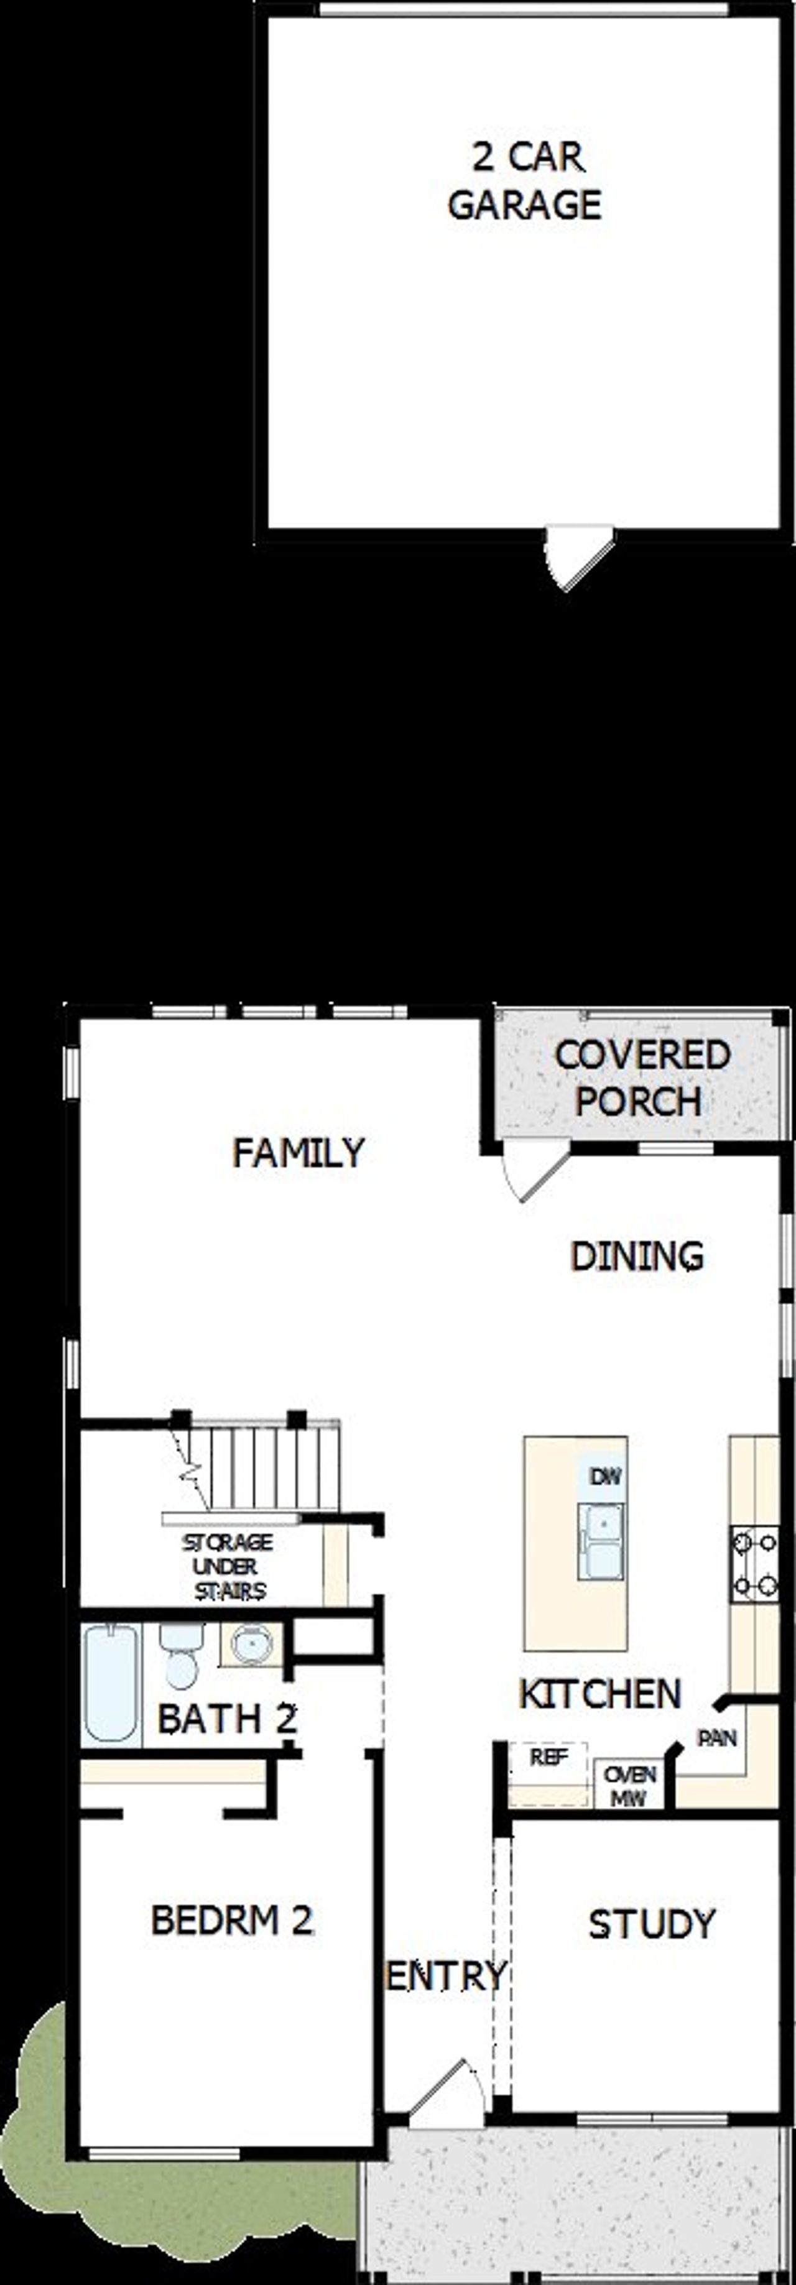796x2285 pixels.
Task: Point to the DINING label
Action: click(636, 1256)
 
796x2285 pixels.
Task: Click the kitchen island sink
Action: click(601, 1541)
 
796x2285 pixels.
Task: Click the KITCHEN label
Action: click(600, 1693)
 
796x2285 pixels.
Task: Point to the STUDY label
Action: click(651, 1924)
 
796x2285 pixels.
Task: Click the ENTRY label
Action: click(445, 1975)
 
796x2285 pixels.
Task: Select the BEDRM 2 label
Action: click(231, 1921)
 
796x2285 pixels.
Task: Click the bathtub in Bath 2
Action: click(111, 1683)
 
